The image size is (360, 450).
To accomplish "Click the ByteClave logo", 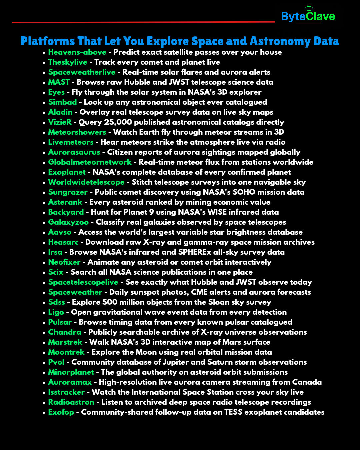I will click(308, 16).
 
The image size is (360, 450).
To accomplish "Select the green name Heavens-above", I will click(77, 52).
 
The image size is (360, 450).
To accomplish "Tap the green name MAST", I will click(59, 82).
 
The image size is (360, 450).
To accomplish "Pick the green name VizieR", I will click(60, 122).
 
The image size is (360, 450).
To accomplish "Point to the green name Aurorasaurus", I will click(74, 152).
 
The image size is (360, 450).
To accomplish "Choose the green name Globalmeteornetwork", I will click(90, 162).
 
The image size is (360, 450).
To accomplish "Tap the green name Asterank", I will click(65, 202).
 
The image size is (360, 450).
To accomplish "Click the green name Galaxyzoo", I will click(68, 222).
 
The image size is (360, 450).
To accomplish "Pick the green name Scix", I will click(55, 272).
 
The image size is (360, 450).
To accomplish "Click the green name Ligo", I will click(56, 312).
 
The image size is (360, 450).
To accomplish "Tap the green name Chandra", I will click(64, 332).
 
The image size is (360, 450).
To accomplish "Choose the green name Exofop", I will click(61, 412).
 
